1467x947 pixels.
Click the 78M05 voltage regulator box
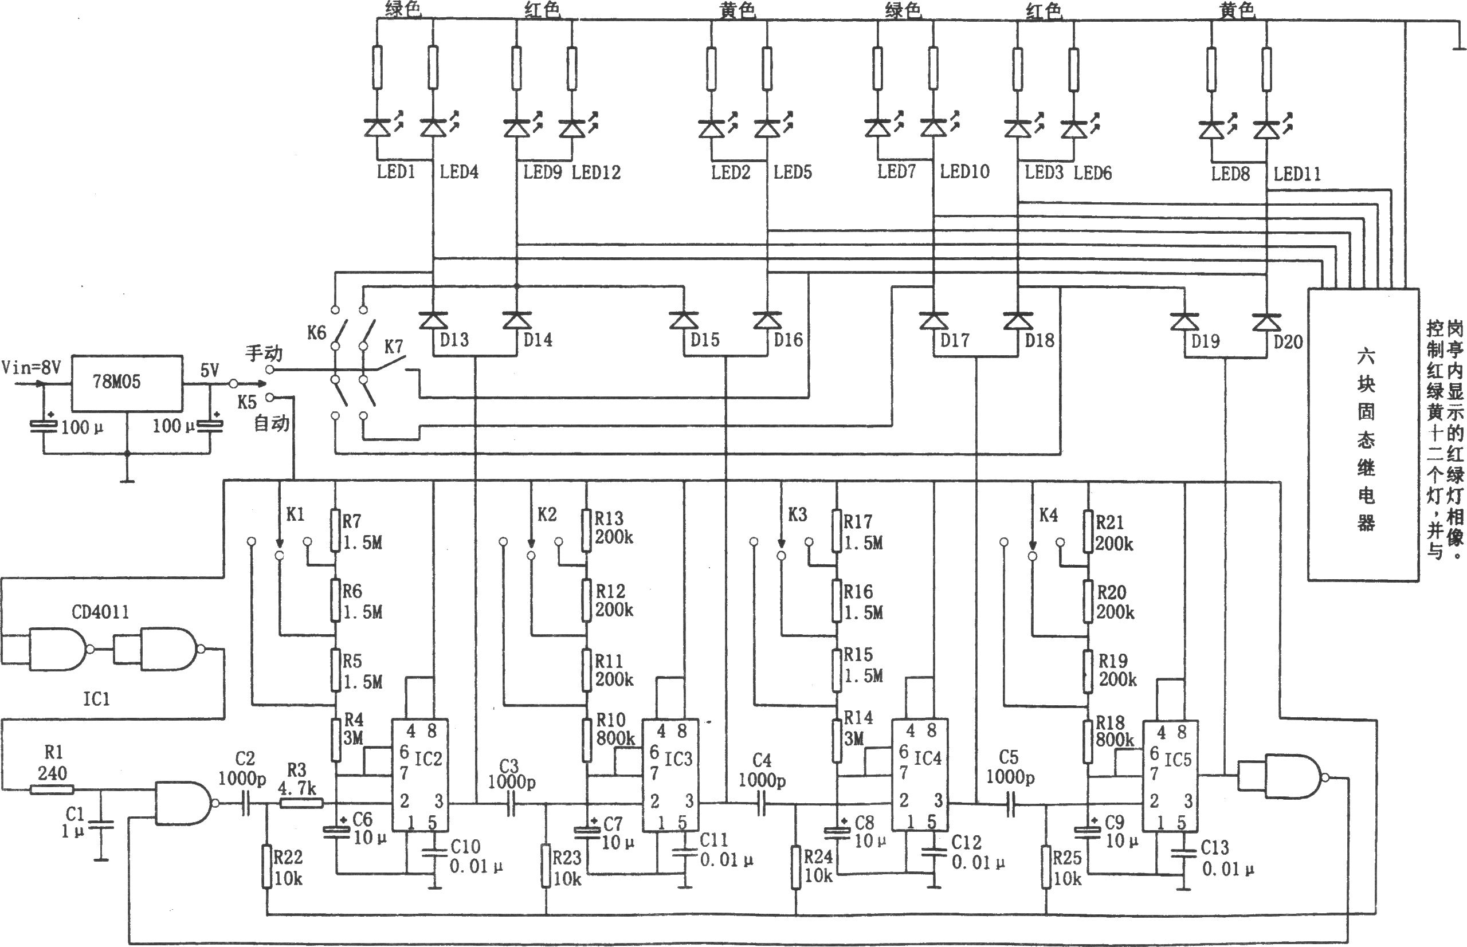(127, 383)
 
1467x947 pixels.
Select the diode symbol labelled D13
(433, 320)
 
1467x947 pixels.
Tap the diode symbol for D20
(1266, 321)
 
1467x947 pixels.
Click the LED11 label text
(1297, 174)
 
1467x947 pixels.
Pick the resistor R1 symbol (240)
(52, 789)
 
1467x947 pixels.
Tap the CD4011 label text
(100, 612)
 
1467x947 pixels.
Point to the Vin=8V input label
(32, 368)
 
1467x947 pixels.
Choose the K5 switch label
(246, 402)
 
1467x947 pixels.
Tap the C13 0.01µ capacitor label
(1226, 858)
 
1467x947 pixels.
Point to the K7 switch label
(394, 347)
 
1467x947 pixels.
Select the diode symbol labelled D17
(933, 320)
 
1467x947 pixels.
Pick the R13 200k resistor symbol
(586, 529)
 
